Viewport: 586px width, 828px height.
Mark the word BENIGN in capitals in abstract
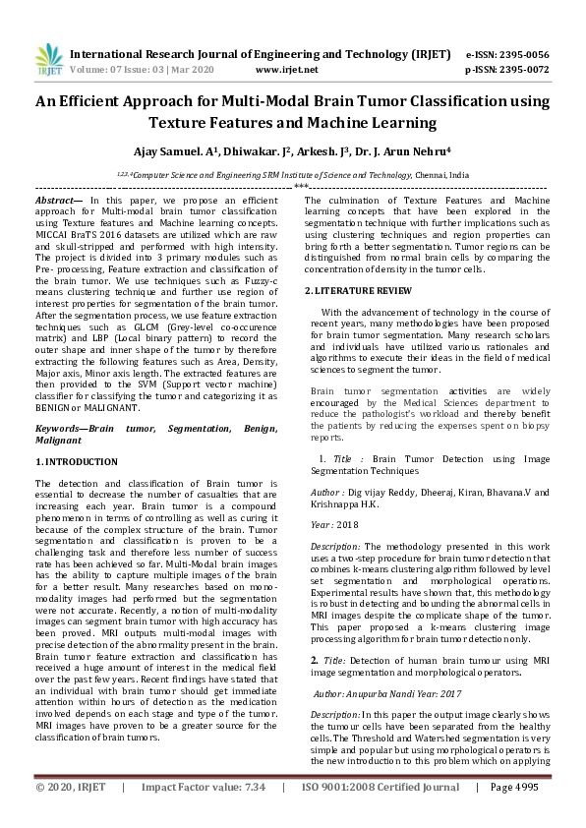(56, 408)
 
